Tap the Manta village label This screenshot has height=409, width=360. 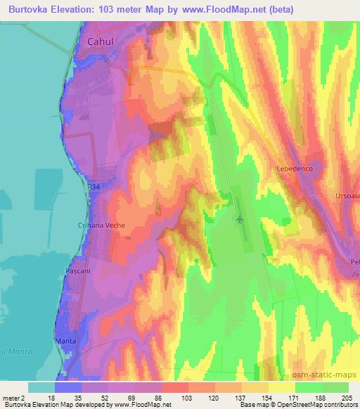pos(65,342)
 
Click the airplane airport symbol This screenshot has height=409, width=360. pos(240,219)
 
